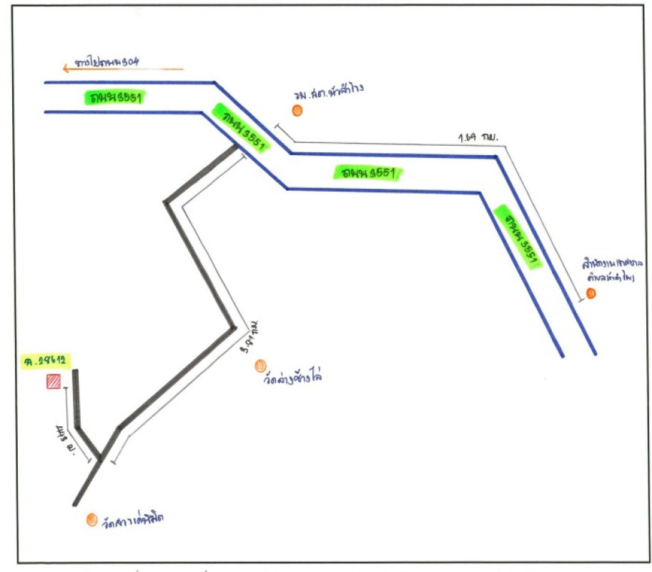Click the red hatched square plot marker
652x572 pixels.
tap(53, 382)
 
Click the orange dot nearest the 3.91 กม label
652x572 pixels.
tap(260, 366)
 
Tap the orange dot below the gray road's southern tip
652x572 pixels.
tap(92, 520)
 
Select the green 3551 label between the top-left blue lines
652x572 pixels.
tap(115, 98)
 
